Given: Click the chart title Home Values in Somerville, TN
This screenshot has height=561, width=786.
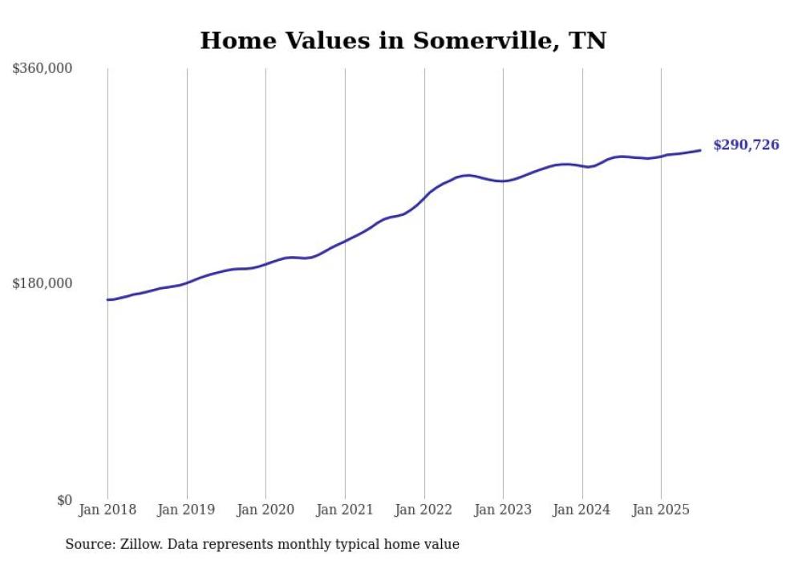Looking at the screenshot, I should pos(403,41).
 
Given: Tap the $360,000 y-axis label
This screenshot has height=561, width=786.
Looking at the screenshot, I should pos(42,68).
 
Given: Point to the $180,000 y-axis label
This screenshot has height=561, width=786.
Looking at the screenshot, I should pos(42,283).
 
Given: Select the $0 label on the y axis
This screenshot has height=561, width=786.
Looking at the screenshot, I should pos(64,500).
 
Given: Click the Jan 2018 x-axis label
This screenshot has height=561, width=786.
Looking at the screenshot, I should pos(107,510).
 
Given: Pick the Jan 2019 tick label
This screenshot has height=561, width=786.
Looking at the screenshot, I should pos(187,510).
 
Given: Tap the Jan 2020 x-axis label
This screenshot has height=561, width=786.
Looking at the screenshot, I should pos(265,510).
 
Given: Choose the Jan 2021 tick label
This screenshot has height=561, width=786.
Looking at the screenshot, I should pos(345,510).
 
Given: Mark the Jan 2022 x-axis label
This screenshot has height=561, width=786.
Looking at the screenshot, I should pos(424,510).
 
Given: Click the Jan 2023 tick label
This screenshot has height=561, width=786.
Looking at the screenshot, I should pos(503,510).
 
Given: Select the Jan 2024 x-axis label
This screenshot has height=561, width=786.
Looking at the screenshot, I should pos(582,510).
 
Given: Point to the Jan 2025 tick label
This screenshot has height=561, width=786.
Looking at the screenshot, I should pos(661,510).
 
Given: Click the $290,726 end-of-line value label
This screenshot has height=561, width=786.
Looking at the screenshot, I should pos(746,145).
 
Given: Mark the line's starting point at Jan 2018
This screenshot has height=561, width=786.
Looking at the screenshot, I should pos(107,299).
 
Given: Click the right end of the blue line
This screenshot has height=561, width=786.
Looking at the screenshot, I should pos(700,150).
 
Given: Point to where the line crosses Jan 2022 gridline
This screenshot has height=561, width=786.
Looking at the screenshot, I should pos(424,197).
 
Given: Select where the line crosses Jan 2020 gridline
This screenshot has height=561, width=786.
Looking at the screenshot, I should pos(265,263).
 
